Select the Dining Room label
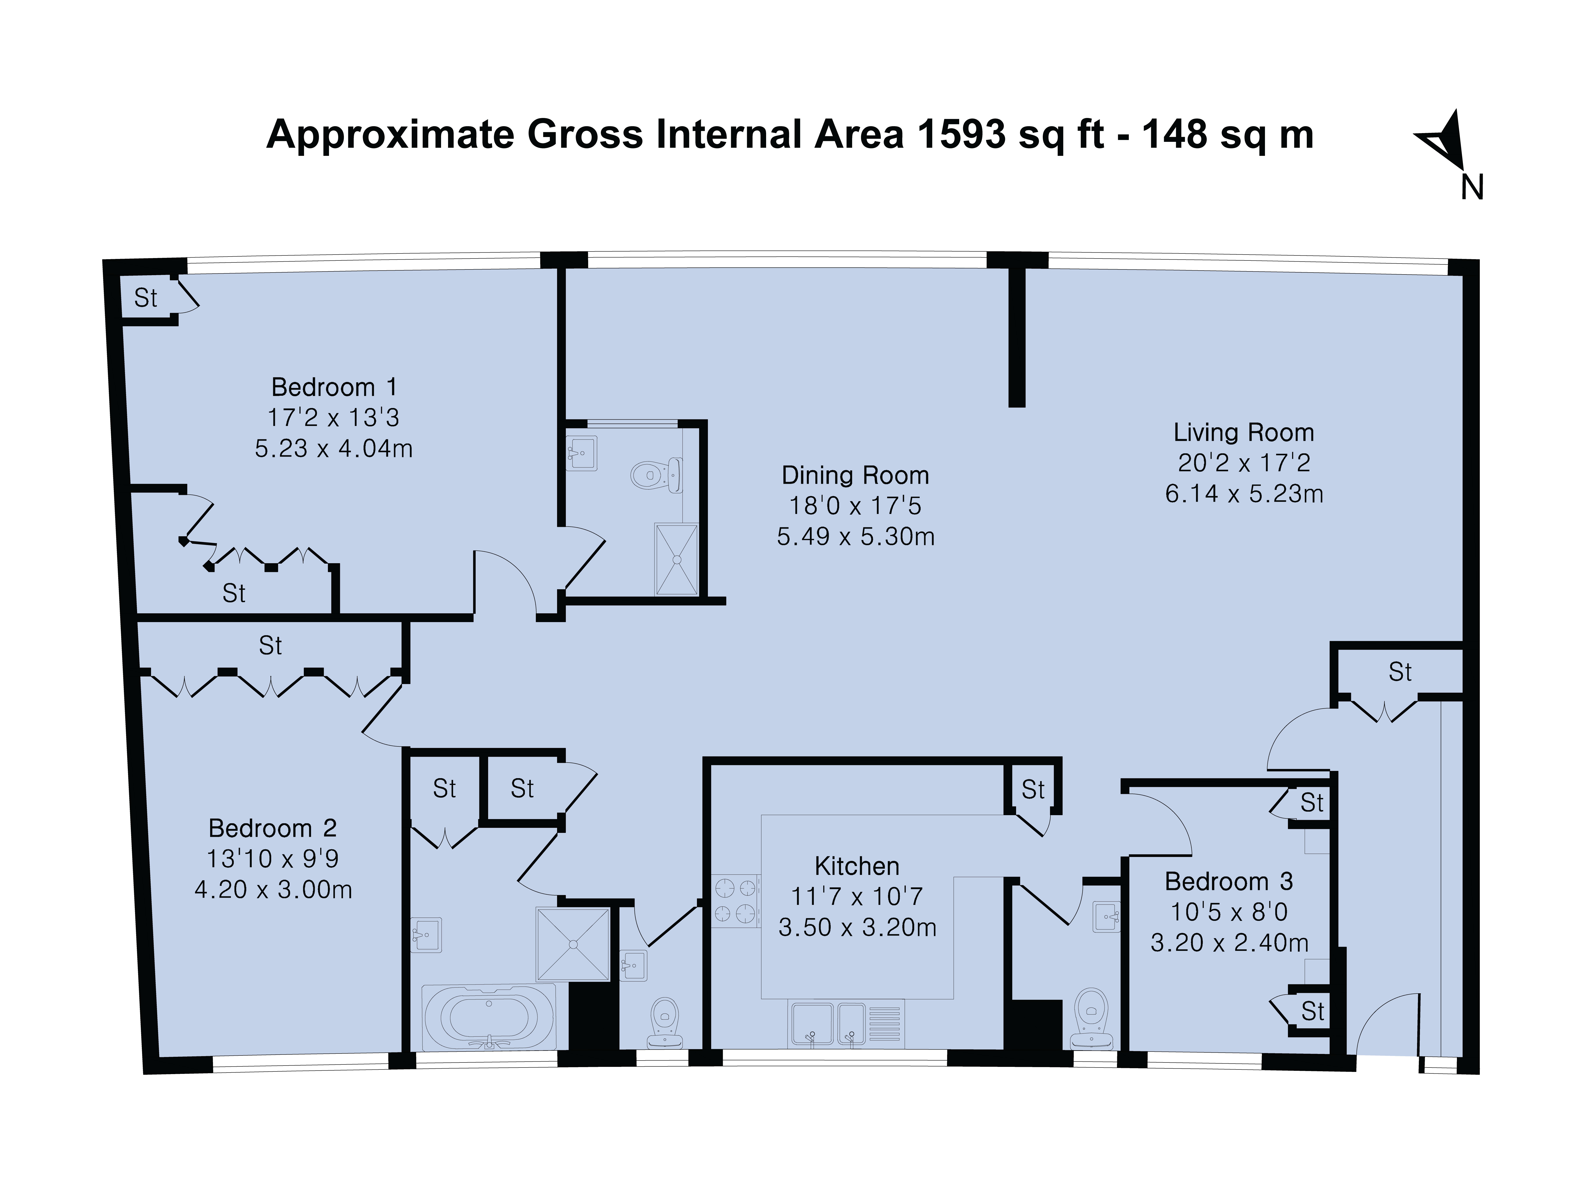tap(856, 475)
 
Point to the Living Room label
tap(1244, 433)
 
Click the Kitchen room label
tap(857, 866)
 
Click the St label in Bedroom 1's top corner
tap(146, 298)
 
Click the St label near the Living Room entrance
tap(1400, 672)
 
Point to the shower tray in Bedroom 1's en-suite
tap(676, 559)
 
